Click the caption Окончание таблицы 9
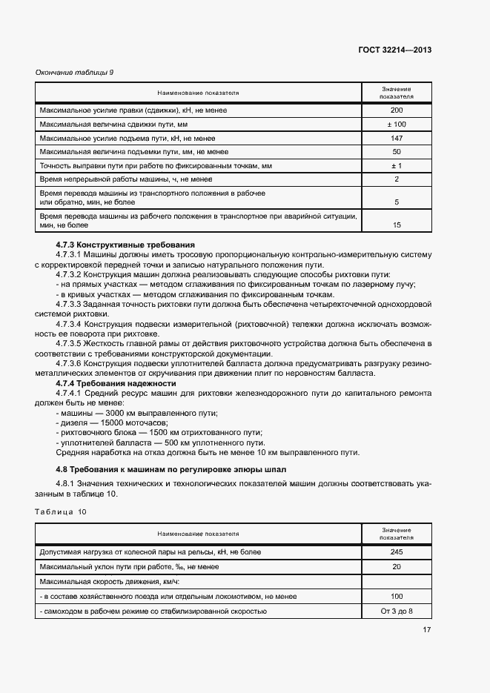tap(74, 72)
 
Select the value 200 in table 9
tap(397, 110)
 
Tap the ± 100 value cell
tap(397, 124)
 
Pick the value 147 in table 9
tap(397, 138)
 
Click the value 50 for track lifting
tap(397, 151)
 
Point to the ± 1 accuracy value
tap(397, 165)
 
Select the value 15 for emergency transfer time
tap(397, 225)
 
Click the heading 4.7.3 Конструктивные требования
tap(125, 245)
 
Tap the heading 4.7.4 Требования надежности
tap(116, 384)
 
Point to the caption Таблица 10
tap(61, 511)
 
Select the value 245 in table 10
tap(397, 551)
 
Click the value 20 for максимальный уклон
tap(397, 566)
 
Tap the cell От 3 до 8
tap(397, 611)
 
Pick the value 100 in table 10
tap(397, 596)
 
